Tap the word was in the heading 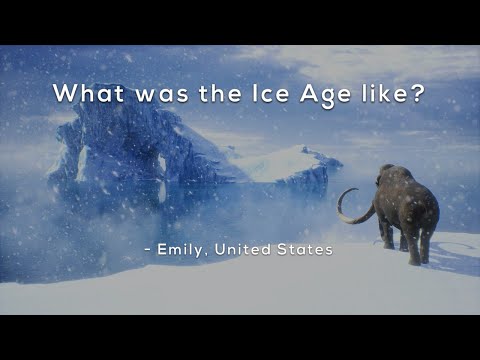144,94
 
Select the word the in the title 200,94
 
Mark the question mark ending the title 420,94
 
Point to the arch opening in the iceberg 160,170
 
